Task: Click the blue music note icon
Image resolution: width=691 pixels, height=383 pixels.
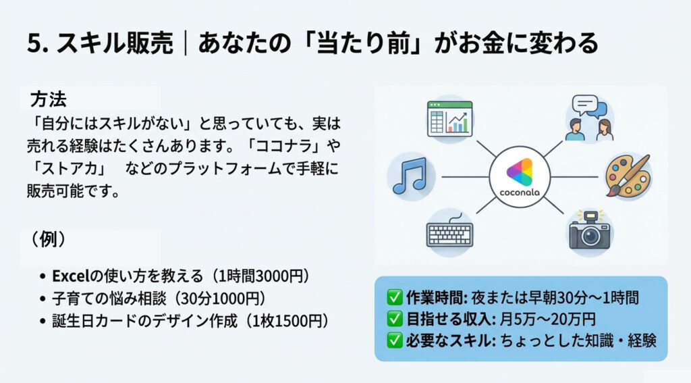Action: click(410, 176)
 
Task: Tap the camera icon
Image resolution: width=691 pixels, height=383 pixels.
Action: click(590, 230)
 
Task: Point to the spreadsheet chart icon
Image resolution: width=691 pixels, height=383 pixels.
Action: click(449, 118)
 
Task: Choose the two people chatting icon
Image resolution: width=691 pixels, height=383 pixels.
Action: click(589, 118)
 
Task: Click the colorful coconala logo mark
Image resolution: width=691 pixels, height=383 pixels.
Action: click(520, 172)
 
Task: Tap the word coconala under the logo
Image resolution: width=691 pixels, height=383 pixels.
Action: click(520, 193)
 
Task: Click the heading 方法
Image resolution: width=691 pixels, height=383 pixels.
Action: click(48, 100)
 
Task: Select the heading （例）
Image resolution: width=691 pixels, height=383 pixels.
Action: click(48, 240)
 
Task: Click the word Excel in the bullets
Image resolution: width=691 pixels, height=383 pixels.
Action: click(71, 276)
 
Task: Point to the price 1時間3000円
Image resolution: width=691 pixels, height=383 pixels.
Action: click(261, 276)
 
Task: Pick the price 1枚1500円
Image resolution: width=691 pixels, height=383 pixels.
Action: click(287, 321)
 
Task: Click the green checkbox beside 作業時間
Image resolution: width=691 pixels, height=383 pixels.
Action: click(395, 298)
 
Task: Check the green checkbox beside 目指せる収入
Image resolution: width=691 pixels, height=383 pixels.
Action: click(395, 319)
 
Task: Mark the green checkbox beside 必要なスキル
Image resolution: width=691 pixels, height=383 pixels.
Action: click(395, 340)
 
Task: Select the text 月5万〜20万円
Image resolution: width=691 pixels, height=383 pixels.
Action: click(547, 319)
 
